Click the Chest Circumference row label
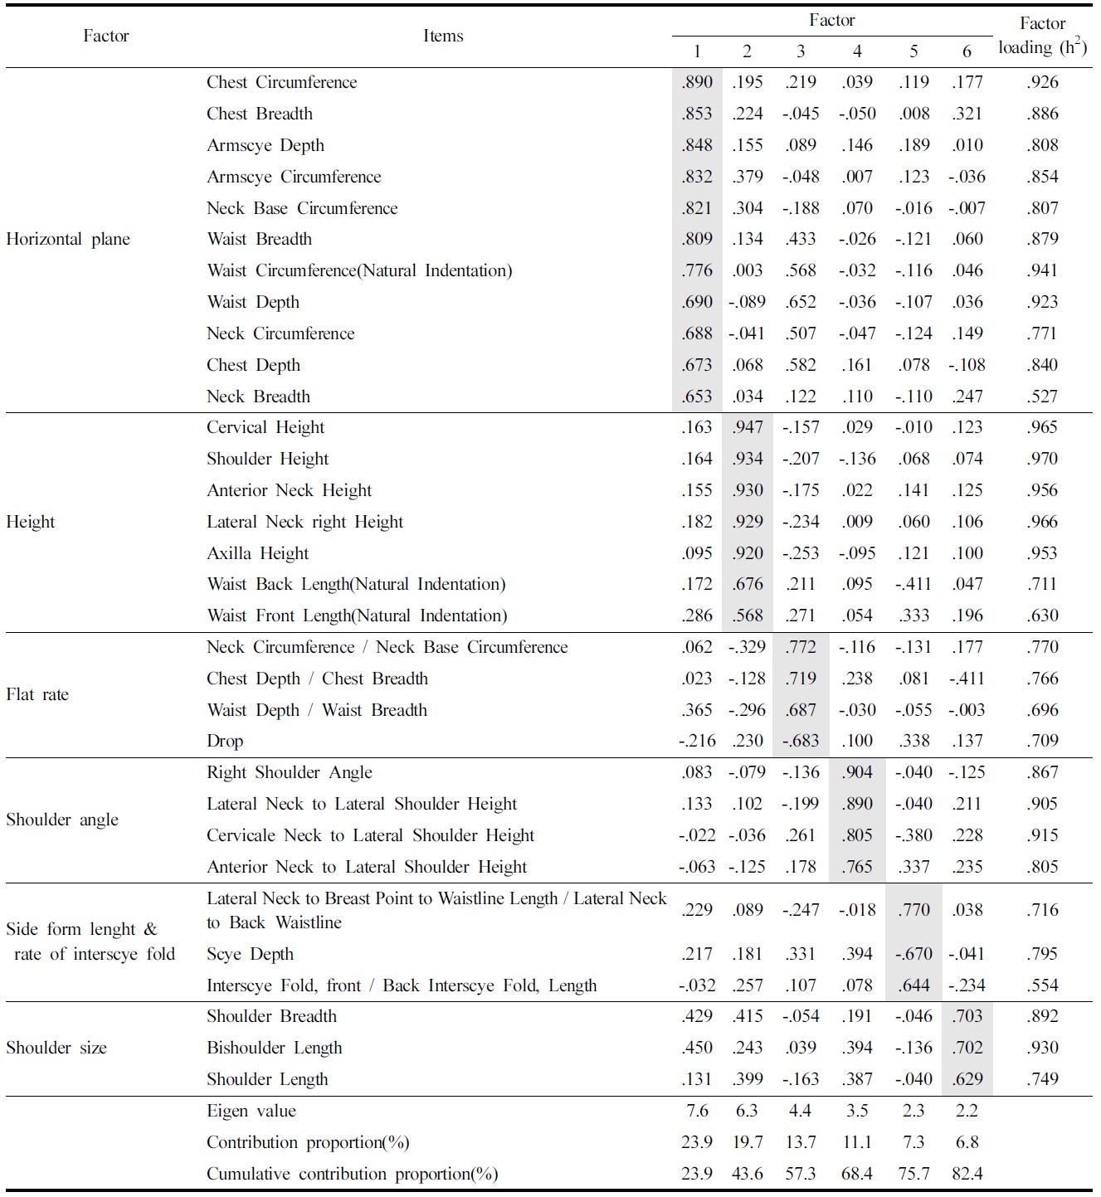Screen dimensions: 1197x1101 click(281, 82)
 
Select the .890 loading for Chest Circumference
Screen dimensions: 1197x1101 click(697, 82)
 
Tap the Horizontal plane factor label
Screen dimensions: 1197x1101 click(68, 240)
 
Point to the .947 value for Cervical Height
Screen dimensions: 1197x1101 click(748, 428)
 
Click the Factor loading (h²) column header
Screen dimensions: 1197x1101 click(1042, 36)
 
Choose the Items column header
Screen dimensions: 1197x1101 click(443, 36)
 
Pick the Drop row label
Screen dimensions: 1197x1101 click(225, 742)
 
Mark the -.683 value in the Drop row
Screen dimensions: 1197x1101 click(800, 742)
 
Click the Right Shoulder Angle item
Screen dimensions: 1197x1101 click(290, 773)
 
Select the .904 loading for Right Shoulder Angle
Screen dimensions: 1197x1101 click(857, 773)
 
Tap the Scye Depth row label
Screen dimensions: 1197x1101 click(250, 955)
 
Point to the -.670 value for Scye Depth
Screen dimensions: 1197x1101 click(913, 955)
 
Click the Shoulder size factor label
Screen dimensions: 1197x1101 click(56, 1049)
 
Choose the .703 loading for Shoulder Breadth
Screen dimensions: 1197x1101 click(967, 1017)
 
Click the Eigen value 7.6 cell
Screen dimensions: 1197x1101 click(697, 1112)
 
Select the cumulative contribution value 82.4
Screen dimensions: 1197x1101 click(967, 1175)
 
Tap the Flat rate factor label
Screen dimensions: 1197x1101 click(37, 695)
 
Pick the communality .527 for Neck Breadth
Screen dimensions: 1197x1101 click(1042, 397)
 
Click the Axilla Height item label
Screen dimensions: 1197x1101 click(257, 553)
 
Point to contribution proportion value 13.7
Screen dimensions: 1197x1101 click(800, 1143)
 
